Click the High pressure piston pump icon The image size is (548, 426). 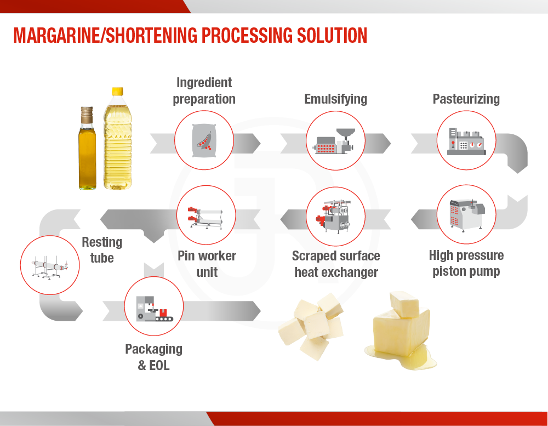tap(466, 214)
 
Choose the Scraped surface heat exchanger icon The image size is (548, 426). tap(335, 215)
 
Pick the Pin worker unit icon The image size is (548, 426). tap(206, 214)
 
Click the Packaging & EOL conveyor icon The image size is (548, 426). tap(153, 306)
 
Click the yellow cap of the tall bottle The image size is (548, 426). tap(117, 92)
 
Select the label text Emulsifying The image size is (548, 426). tap(335, 99)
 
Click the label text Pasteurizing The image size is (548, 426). tap(466, 99)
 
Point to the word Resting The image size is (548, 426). tap(102, 242)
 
